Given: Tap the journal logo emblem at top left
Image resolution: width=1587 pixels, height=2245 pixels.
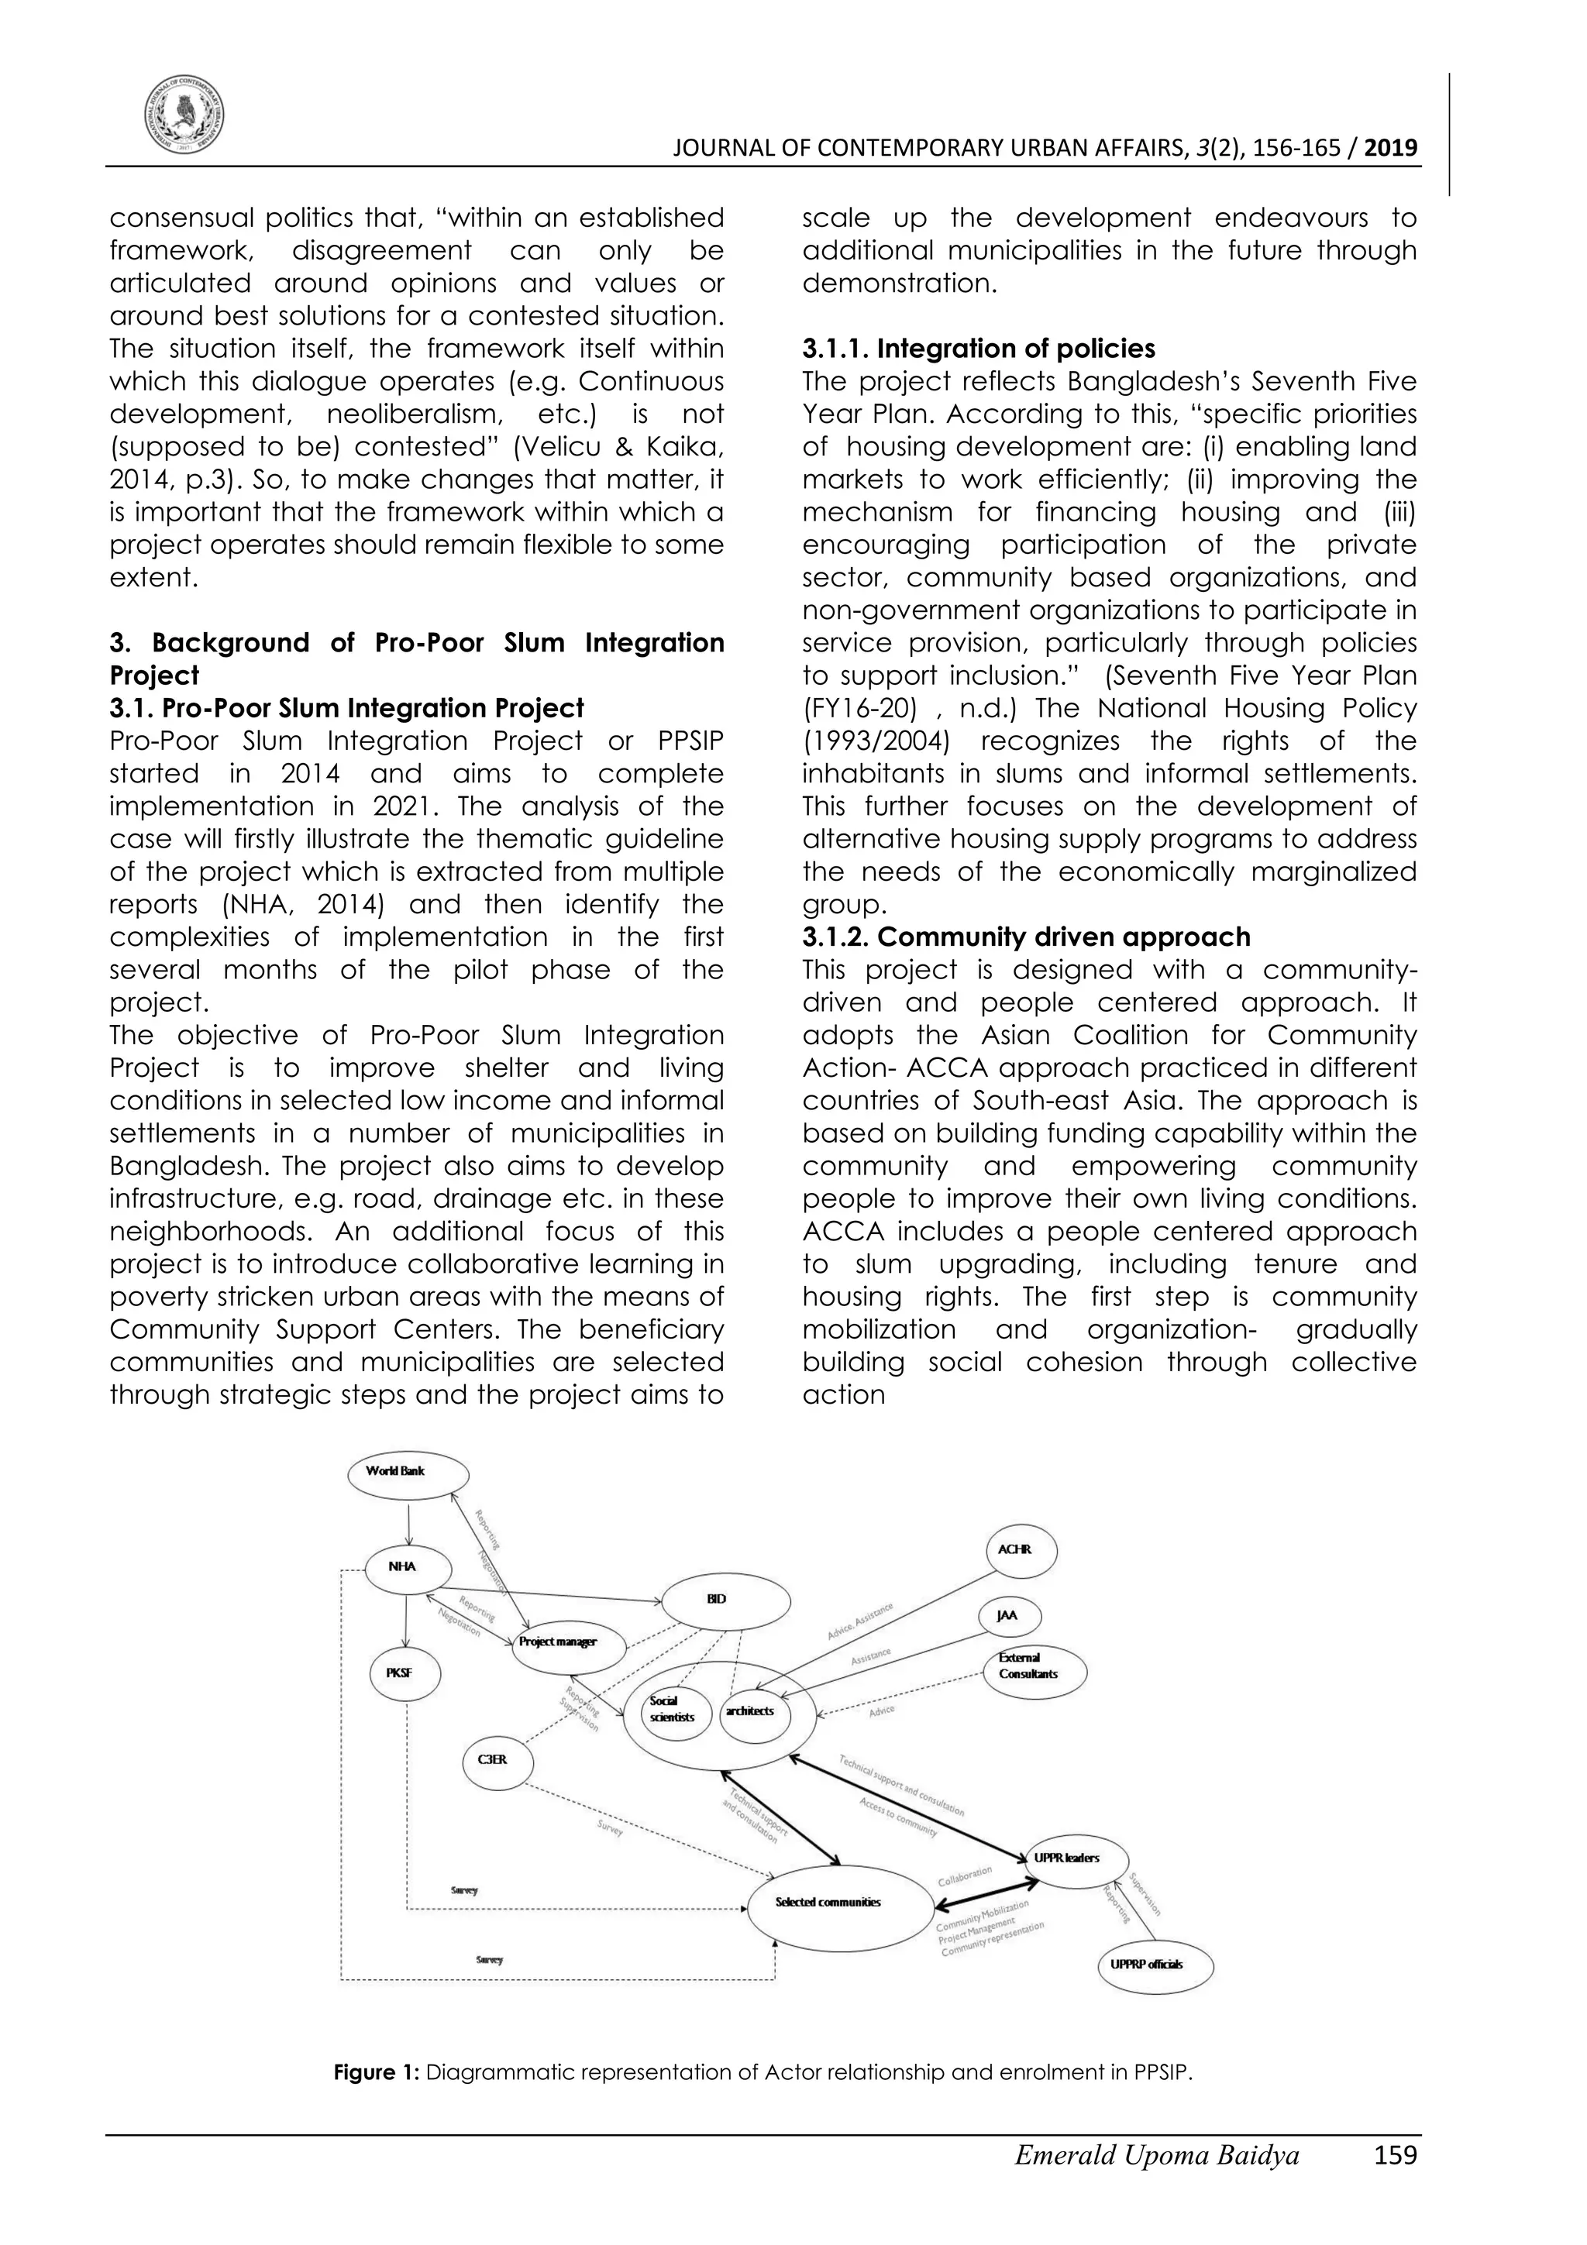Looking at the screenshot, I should click(x=184, y=115).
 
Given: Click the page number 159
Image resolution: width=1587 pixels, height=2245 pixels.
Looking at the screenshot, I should click(x=1394, y=2182).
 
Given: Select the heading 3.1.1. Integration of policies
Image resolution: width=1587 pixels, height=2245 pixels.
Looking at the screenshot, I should click(x=978, y=349).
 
